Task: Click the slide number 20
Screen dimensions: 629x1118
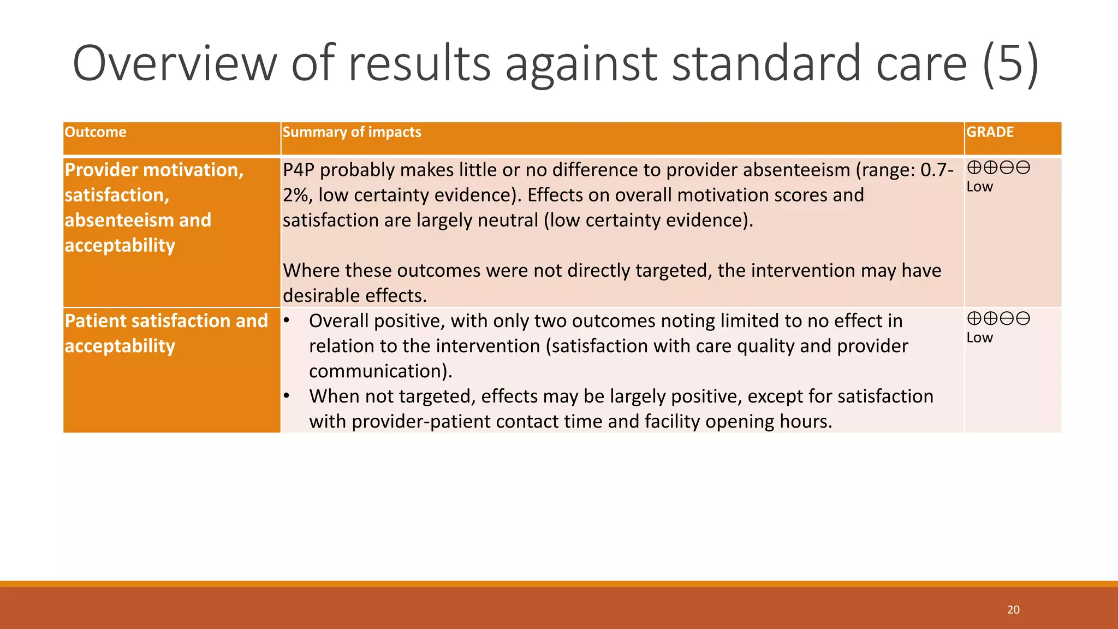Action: coord(1013,610)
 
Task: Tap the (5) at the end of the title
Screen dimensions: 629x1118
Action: coord(1010,64)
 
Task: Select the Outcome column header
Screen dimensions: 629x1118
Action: coord(96,132)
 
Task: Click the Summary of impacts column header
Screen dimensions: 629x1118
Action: coord(352,132)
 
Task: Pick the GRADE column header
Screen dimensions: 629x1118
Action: coord(990,132)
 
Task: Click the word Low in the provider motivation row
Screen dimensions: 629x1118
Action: coord(979,187)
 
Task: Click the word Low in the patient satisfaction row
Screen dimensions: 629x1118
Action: coord(979,337)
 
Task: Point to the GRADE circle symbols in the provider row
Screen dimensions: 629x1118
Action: coord(998,167)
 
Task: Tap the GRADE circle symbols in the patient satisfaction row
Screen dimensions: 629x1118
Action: coord(998,318)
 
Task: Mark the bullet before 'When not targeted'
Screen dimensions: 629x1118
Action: coord(286,395)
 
